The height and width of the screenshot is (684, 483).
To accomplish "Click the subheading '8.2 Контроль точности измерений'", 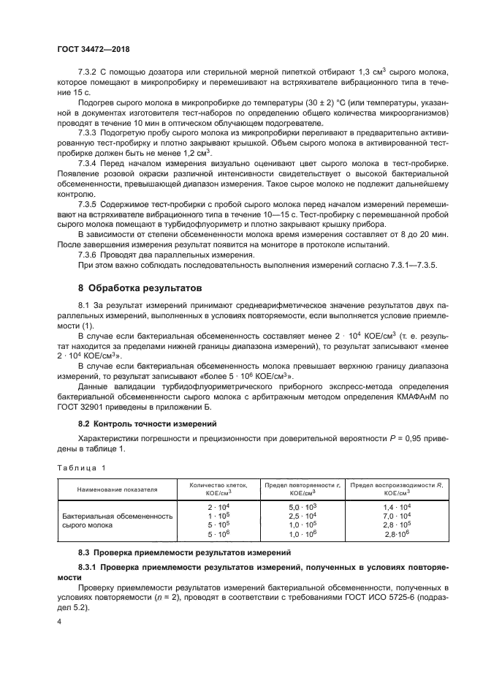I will coord(145,423).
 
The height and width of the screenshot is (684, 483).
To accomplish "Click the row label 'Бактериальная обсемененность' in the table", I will coord(118,515).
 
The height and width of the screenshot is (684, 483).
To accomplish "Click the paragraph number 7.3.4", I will coord(88,163).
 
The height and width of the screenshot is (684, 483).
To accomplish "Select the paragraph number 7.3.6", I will coord(88,255).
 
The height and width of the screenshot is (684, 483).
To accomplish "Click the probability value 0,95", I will coord(406,438).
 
